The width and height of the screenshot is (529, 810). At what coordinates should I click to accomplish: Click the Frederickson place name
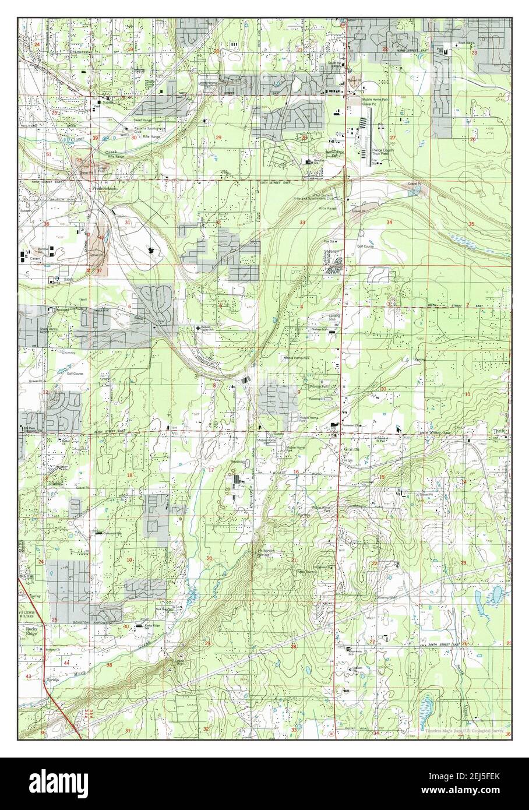point(103,189)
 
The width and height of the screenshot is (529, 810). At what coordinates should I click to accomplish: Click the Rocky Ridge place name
point(31,632)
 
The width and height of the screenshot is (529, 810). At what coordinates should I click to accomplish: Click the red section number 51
point(49,154)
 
